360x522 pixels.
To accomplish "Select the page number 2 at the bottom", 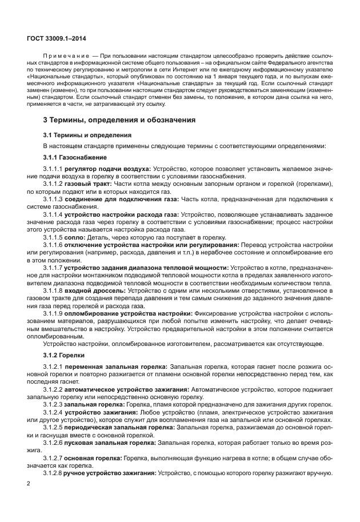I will [28, 483].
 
